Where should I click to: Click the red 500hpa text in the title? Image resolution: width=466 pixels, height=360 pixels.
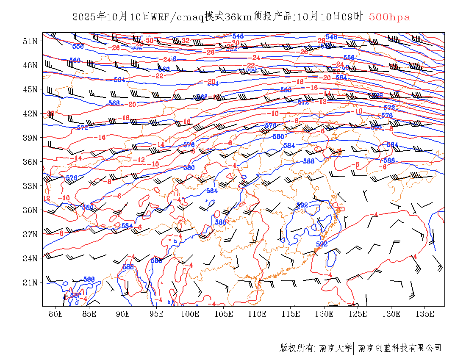tap(389, 17)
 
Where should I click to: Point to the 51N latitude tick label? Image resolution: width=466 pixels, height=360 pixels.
tap(31, 41)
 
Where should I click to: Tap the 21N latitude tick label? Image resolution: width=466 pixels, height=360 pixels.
tap(31, 282)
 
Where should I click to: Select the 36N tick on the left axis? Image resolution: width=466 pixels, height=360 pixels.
tap(31, 162)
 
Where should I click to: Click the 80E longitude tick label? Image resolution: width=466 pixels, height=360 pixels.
tap(56, 314)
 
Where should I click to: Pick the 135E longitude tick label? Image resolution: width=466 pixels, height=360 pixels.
tap(425, 314)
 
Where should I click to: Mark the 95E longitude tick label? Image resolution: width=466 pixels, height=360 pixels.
tap(156, 314)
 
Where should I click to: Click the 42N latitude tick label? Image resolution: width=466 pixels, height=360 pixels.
tap(31, 114)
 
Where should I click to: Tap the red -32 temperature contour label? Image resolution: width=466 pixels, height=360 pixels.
tap(185, 41)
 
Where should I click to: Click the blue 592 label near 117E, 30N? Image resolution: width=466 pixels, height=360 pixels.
tap(302, 205)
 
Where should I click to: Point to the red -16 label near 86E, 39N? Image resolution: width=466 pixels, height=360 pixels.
tap(101, 138)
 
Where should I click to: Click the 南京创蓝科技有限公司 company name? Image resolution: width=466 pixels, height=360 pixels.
tap(399, 348)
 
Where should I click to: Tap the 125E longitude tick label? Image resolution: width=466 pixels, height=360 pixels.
tap(358, 314)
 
